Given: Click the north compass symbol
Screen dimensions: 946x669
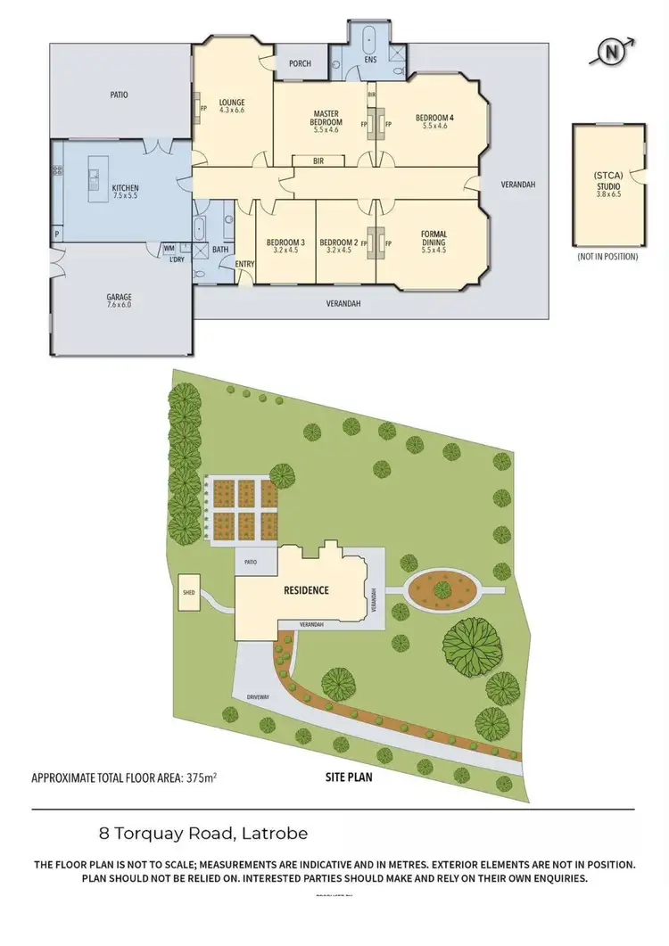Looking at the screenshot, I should coord(613,52).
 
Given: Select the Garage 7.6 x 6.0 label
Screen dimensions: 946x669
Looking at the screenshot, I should coord(120,300).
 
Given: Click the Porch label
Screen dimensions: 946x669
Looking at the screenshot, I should coord(300,63).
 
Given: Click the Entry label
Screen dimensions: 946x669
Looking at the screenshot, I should coord(244,264).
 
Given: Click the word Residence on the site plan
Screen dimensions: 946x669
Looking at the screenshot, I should coord(307,590).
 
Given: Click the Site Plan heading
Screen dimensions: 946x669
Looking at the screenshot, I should coord(347,777).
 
